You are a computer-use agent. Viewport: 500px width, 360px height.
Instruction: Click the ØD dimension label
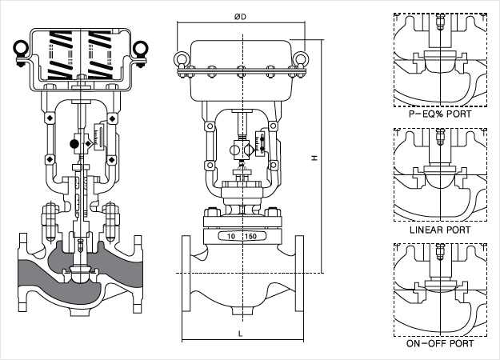coord(240,17)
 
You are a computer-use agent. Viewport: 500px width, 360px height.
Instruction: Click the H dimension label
coord(314,158)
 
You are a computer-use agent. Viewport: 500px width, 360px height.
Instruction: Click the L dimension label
coord(241,334)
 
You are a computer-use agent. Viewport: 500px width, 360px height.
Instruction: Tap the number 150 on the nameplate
coord(250,236)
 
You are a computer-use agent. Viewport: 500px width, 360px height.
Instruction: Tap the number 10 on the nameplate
coord(231,236)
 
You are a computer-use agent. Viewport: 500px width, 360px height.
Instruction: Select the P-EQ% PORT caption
coord(440,114)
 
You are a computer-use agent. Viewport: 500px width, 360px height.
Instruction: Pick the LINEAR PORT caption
coord(440,230)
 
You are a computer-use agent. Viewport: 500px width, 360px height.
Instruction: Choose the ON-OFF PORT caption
coord(440,343)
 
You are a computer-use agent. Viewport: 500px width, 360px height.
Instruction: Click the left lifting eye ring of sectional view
coord(21,48)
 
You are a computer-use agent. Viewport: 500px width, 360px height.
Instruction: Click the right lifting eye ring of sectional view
coord(141,48)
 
